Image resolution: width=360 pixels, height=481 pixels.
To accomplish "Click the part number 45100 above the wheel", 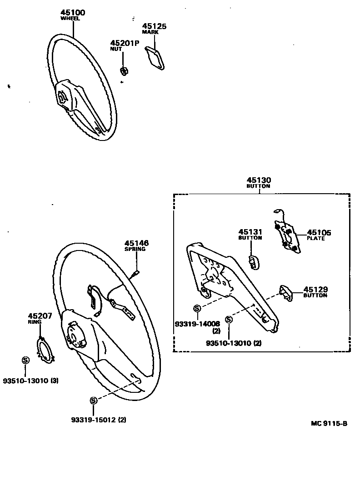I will pos(73,13).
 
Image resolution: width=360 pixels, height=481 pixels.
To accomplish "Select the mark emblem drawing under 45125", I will pos(155,59).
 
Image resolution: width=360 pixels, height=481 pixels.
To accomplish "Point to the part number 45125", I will pos(154,26).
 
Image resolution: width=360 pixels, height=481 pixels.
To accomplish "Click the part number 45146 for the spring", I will pos(136,243).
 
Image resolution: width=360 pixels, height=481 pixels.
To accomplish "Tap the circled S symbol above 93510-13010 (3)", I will pos(25,360).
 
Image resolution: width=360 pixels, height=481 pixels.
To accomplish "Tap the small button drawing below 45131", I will pos(253,262).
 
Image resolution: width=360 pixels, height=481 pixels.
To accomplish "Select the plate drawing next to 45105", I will pos(286,236).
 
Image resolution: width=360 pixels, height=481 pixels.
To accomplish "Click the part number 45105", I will pos(319,233).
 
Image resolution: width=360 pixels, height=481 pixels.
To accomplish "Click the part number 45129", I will pos(315,289).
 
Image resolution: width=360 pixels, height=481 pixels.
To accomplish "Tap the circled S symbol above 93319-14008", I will pos(197,309).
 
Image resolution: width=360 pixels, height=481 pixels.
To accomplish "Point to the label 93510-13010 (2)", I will pos(234,343).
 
